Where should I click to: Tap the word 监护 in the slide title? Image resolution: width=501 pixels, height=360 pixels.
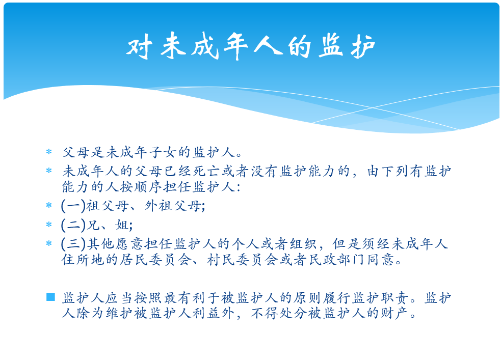[347, 47]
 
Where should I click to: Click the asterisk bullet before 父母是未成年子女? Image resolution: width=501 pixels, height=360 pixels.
[49, 152]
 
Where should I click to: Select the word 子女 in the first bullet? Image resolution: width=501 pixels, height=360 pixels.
[163, 152]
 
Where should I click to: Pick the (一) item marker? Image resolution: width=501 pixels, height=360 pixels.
[73, 206]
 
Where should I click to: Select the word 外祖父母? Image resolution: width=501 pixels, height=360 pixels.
[173, 206]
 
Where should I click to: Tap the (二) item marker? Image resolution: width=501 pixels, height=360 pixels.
[73, 225]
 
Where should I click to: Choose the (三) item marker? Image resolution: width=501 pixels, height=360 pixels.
[73, 244]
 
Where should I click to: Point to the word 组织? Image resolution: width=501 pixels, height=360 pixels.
[303, 244]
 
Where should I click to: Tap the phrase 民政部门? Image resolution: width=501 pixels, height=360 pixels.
[337, 260]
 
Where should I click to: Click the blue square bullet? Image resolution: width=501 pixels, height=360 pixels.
[50, 297]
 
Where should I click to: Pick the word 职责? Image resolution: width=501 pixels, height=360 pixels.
[395, 298]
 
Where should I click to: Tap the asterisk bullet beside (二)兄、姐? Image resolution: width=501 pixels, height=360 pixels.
[49, 225]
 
